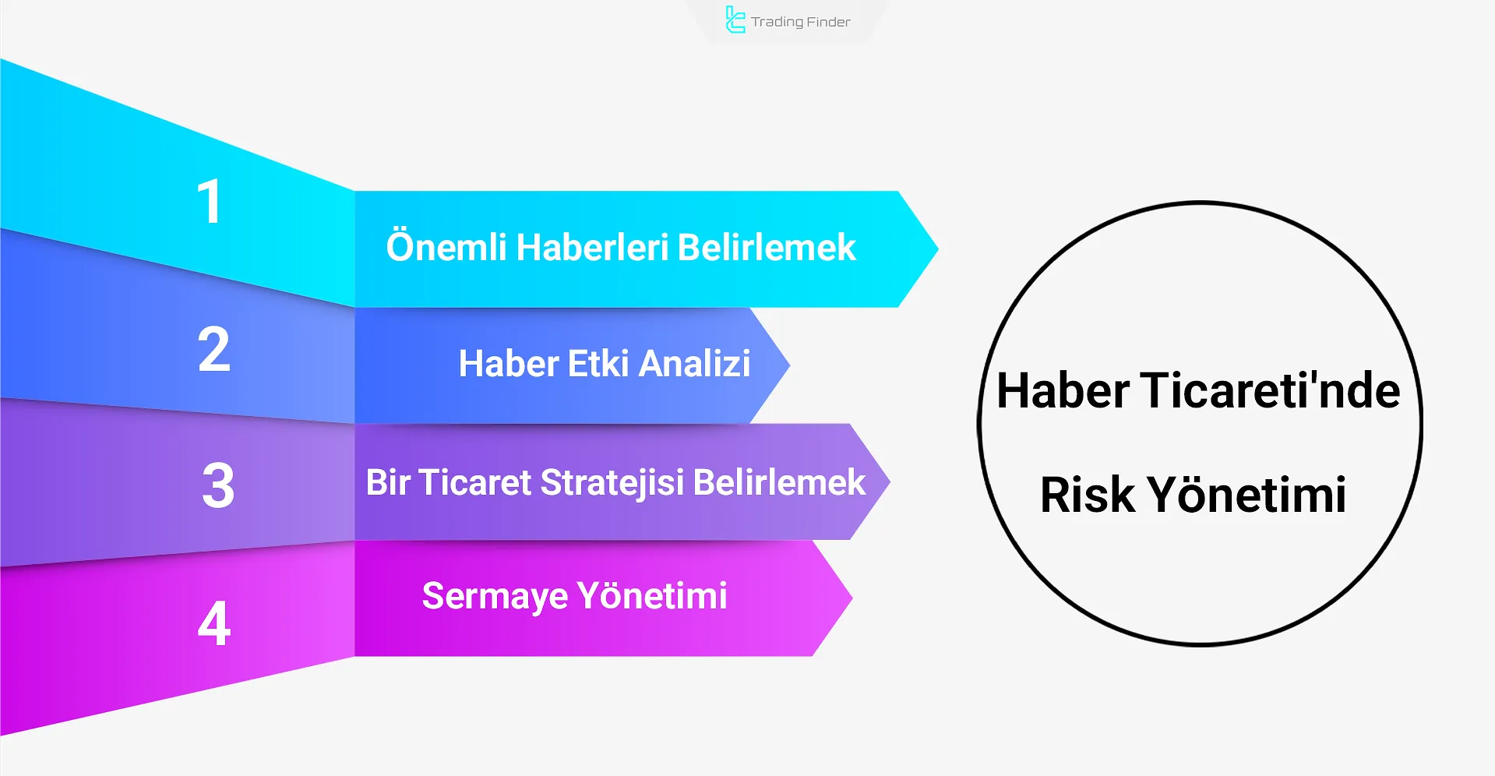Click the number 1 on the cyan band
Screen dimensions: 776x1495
click(210, 202)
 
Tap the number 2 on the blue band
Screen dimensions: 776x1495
click(213, 349)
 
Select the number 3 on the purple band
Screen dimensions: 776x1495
click(218, 485)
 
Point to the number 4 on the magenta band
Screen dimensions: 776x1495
click(214, 623)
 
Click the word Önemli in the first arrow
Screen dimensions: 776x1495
click(446, 247)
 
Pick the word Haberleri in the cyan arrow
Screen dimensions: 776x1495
click(593, 248)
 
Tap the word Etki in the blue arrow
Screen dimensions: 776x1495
click(598, 364)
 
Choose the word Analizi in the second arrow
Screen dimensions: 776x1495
click(695, 364)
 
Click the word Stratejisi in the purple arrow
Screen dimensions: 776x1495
click(613, 482)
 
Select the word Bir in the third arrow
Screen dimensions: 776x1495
click(388, 482)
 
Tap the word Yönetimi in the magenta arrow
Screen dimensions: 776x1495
click(653, 596)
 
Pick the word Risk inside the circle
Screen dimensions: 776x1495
click(1088, 494)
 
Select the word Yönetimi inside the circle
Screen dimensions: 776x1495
click(1246, 494)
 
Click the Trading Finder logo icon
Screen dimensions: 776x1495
click(735, 20)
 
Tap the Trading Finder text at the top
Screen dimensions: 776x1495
click(801, 22)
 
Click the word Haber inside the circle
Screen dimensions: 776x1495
click(1063, 390)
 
